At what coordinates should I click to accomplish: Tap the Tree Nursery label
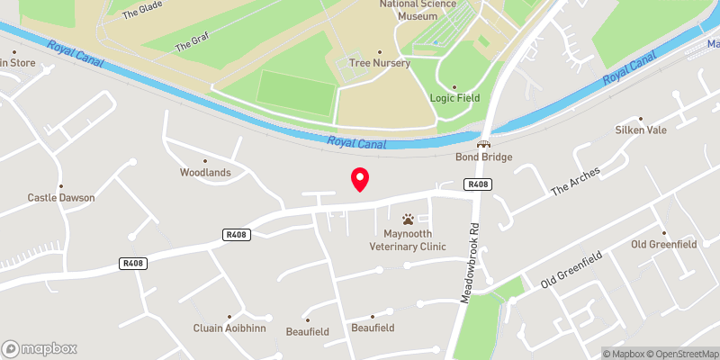(x=380, y=63)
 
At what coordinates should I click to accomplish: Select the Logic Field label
(x=454, y=98)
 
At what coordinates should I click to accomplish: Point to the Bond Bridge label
(x=485, y=157)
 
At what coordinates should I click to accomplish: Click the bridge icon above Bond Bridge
(x=485, y=144)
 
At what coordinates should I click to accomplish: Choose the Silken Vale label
(x=640, y=130)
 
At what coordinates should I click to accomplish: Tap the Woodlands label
(x=205, y=172)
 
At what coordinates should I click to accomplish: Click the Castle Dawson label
(x=61, y=197)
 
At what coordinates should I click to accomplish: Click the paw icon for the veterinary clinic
(x=408, y=219)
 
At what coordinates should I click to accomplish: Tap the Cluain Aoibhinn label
(x=229, y=328)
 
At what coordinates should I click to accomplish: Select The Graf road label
(x=192, y=41)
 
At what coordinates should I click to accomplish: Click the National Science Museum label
(x=417, y=9)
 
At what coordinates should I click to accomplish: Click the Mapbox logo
(x=40, y=348)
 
